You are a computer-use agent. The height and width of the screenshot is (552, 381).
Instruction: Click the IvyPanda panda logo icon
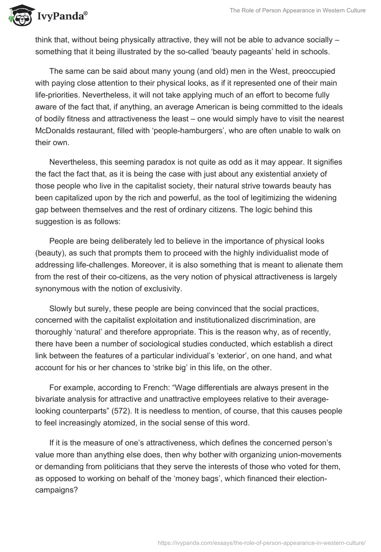pyautogui.click(x=20, y=15)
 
